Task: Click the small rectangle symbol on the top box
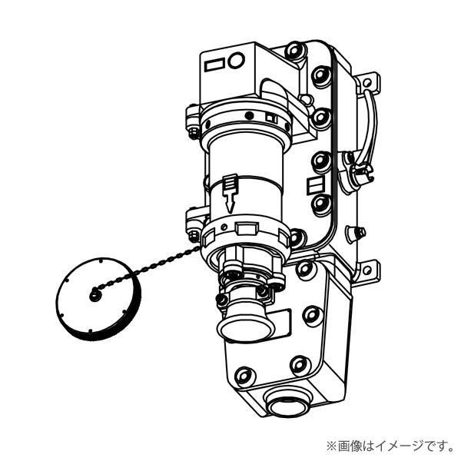click(x=214, y=63)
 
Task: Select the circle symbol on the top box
click(x=237, y=59)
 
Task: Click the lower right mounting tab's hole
click(x=375, y=270)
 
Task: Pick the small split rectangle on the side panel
click(x=313, y=185)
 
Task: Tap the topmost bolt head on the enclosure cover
click(x=294, y=51)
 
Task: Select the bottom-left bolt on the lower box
click(x=244, y=376)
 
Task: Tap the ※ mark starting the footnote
click(x=331, y=445)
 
